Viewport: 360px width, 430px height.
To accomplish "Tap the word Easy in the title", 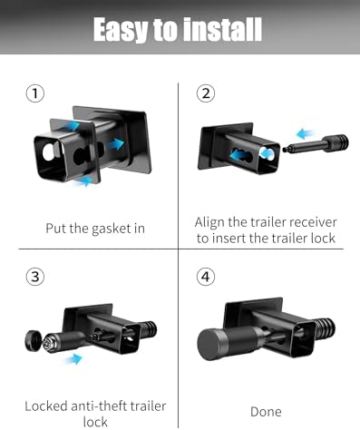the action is pyautogui.click(x=121, y=30).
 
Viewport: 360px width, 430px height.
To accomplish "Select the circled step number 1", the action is pyautogui.click(x=35, y=93).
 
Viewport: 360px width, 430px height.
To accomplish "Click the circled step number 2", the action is pyautogui.click(x=206, y=93).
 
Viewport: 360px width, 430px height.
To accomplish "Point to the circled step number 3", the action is pyautogui.click(x=35, y=277).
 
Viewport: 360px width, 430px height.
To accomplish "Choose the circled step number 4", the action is pyautogui.click(x=206, y=277).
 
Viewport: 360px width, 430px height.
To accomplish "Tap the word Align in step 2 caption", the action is pyautogui.click(x=209, y=223).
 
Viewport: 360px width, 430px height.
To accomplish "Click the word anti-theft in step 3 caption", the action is pyautogui.click(x=97, y=406).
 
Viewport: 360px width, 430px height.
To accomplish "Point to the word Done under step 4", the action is pyautogui.click(x=266, y=412).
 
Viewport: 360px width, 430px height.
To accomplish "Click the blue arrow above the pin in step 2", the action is pyautogui.click(x=305, y=133).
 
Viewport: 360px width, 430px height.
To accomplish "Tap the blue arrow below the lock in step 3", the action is pyautogui.click(x=73, y=359).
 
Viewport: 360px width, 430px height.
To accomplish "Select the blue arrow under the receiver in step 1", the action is pyautogui.click(x=83, y=181).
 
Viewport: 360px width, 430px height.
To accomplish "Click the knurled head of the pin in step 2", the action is pyautogui.click(x=336, y=142).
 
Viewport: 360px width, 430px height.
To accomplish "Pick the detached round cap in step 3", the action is pyautogui.click(x=33, y=340).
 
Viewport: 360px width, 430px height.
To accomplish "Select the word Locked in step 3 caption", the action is pyautogui.click(x=46, y=406).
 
